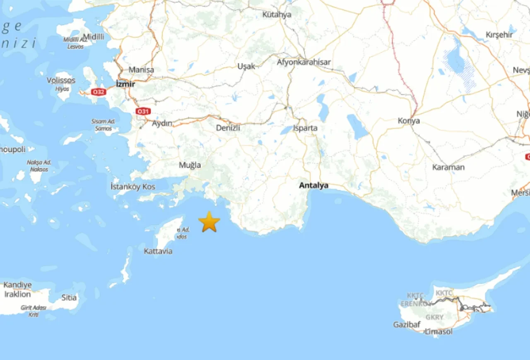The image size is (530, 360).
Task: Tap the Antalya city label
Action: pyautogui.click(x=313, y=186)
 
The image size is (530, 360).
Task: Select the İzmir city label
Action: pyautogui.click(x=126, y=84)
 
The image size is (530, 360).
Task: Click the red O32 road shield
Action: pyautogui.click(x=98, y=92)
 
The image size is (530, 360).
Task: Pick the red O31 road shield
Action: pyautogui.click(x=143, y=111)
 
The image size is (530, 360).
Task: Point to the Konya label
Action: pyautogui.click(x=409, y=121)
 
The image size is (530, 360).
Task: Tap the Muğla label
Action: pyautogui.click(x=190, y=165)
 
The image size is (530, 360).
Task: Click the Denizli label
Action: pyautogui.click(x=228, y=128)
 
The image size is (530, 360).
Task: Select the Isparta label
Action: pyautogui.click(x=305, y=128)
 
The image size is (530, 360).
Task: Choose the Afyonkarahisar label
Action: pyautogui.click(x=304, y=62)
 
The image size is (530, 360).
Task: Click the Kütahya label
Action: pyautogui.click(x=277, y=14)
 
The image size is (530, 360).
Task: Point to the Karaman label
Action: pyautogui.click(x=448, y=167)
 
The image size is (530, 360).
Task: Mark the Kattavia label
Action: pyautogui.click(x=158, y=251)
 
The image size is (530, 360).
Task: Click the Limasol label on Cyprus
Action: pyautogui.click(x=438, y=331)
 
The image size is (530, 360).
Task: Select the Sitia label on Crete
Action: pyautogui.click(x=69, y=297)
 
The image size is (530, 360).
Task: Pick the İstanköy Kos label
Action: pyautogui.click(x=133, y=187)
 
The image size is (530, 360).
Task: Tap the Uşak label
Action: pyautogui.click(x=246, y=66)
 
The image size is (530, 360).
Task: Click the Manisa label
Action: pyautogui.click(x=141, y=70)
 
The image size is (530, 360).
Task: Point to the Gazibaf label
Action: pyautogui.click(x=407, y=324)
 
